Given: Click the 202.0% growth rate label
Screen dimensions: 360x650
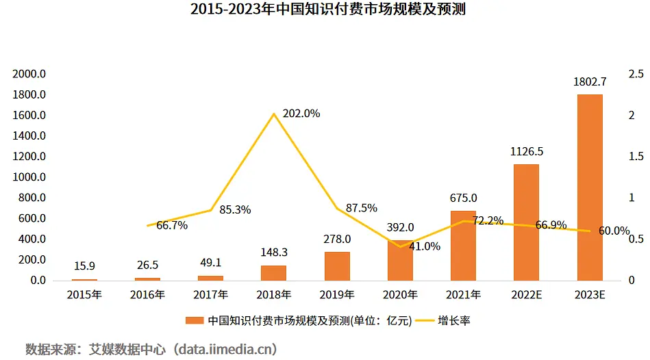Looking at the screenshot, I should [x=301, y=114].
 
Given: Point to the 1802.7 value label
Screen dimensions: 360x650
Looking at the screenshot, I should [x=590, y=82].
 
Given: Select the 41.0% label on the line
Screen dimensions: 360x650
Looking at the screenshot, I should [x=424, y=246].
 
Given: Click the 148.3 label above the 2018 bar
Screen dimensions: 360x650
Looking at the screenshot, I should [x=273, y=252].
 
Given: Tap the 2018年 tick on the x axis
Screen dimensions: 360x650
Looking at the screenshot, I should [x=273, y=295].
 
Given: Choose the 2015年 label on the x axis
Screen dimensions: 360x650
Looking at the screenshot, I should [x=84, y=295].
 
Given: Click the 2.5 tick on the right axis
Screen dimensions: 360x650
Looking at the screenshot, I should [x=635, y=74].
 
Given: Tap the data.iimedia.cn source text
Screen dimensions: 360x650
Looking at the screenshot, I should [x=225, y=349].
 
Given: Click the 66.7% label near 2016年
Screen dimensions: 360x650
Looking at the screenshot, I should [x=172, y=225].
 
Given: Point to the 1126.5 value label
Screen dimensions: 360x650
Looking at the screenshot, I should [x=526, y=151].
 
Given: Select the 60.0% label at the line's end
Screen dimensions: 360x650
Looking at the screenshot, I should [x=614, y=231].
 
